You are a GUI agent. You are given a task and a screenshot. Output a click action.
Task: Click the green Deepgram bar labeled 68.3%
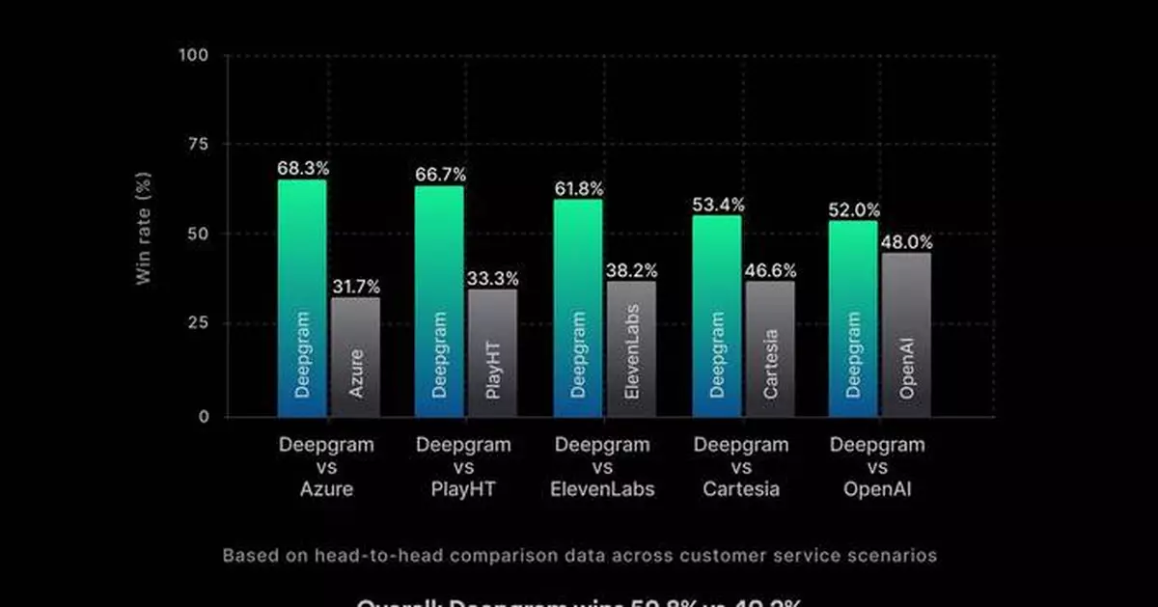[x=302, y=298]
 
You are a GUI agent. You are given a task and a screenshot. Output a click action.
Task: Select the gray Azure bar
[x=355, y=357]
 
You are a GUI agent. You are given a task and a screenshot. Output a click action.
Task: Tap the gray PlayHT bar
[x=492, y=353]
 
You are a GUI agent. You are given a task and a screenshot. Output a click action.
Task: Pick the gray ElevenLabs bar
[x=630, y=349]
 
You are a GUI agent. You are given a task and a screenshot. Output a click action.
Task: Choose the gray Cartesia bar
[x=770, y=349]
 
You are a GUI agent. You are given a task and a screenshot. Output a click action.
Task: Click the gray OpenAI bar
[x=906, y=335]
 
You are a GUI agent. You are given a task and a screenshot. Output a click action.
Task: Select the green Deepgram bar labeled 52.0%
[x=853, y=318]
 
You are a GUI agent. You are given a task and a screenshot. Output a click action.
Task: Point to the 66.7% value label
[x=439, y=175]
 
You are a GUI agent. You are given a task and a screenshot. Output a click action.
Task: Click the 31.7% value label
[x=355, y=287]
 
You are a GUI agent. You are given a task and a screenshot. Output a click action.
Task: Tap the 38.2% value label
[x=631, y=270]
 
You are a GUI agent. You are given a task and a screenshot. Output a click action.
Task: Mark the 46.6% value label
[x=770, y=270]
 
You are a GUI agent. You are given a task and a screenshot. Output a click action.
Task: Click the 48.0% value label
[x=906, y=242]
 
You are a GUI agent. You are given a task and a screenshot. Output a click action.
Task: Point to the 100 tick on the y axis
[x=193, y=55]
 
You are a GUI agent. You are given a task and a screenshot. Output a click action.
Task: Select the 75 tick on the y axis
[x=197, y=144]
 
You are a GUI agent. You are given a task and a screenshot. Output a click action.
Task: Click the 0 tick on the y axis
[x=202, y=417]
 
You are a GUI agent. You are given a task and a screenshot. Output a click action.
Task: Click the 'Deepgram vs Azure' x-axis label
[x=326, y=467]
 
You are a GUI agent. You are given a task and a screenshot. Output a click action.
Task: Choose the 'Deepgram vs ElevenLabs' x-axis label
[x=602, y=467]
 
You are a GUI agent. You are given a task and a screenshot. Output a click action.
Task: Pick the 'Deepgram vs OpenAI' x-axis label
[x=877, y=467]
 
